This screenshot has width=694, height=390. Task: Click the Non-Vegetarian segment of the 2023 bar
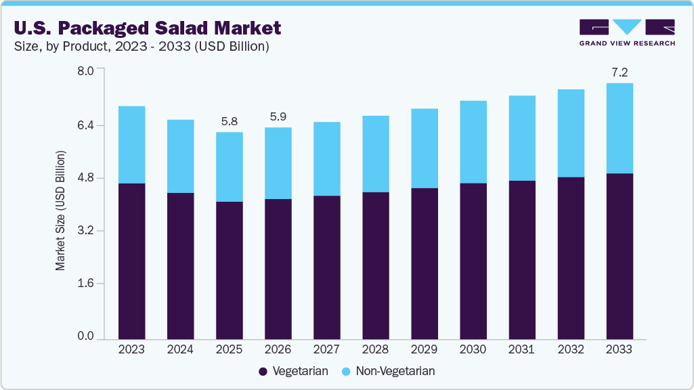point(131,144)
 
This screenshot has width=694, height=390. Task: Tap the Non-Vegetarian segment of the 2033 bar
point(619,128)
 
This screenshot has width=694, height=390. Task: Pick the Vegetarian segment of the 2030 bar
point(473,261)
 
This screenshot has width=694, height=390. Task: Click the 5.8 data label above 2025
point(229,122)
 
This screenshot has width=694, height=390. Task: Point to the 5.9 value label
point(278,116)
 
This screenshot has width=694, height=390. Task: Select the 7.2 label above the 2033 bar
point(619,72)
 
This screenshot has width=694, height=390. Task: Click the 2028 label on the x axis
point(375,349)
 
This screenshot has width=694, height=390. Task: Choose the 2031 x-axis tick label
point(521,349)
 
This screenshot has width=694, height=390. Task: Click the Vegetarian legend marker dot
point(263,371)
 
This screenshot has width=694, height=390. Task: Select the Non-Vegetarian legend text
point(395,371)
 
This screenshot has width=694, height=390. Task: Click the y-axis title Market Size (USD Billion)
point(61,211)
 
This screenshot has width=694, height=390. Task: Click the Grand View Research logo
point(626,32)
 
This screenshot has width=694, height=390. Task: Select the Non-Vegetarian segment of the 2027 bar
point(326,158)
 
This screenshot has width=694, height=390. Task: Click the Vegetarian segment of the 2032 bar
point(570,257)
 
